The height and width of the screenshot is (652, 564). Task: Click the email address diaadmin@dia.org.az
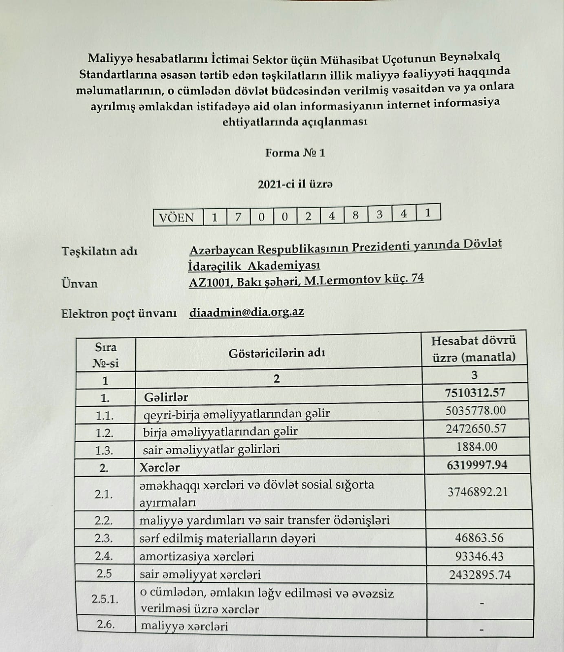point(247,312)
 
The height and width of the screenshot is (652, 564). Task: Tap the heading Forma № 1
point(295,153)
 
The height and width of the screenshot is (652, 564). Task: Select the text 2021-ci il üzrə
point(295,185)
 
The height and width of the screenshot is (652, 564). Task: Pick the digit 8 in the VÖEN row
point(355,215)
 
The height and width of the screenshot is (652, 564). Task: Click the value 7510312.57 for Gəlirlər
point(475,392)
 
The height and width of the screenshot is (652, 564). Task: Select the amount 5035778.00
point(476,410)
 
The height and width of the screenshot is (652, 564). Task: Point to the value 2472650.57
point(476,428)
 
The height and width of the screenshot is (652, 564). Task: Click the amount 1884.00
point(477,447)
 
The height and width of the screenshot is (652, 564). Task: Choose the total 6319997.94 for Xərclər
point(477,465)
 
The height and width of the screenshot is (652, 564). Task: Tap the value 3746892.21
point(478,492)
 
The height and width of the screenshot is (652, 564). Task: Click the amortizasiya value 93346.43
point(479,556)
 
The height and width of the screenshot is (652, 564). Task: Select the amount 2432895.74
point(480,575)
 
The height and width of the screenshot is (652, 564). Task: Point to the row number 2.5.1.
point(105,599)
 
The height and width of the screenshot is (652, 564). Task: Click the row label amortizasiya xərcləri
point(196,557)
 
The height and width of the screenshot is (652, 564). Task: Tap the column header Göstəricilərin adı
point(277,352)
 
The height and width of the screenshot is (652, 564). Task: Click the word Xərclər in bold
point(159,467)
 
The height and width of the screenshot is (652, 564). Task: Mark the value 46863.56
point(479,538)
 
